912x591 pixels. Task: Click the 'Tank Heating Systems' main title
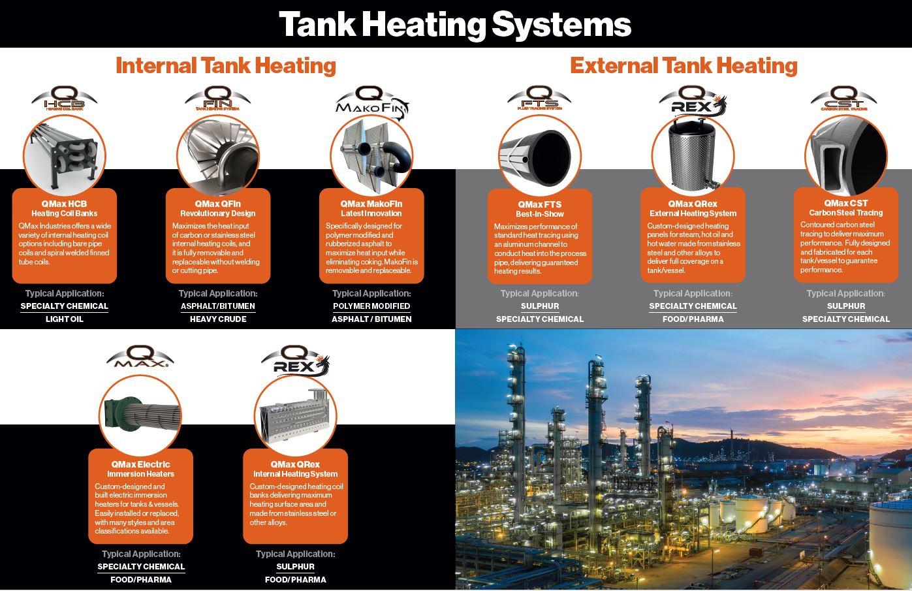(455, 24)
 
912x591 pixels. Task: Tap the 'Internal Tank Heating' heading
(225, 66)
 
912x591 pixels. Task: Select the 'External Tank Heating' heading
(684, 66)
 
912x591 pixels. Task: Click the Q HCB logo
(64, 99)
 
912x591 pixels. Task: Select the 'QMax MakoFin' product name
(371, 204)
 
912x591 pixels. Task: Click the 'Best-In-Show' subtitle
(539, 214)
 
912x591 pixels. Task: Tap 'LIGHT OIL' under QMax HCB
(64, 319)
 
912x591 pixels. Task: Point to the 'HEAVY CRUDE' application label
(218, 319)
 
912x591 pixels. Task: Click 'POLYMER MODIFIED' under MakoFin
(371, 306)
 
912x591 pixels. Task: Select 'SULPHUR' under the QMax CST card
(846, 306)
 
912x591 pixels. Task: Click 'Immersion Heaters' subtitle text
(140, 474)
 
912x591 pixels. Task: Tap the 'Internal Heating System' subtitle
(295, 474)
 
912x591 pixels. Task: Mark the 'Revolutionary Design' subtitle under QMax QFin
(218, 214)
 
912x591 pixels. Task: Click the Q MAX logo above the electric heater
(140, 358)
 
